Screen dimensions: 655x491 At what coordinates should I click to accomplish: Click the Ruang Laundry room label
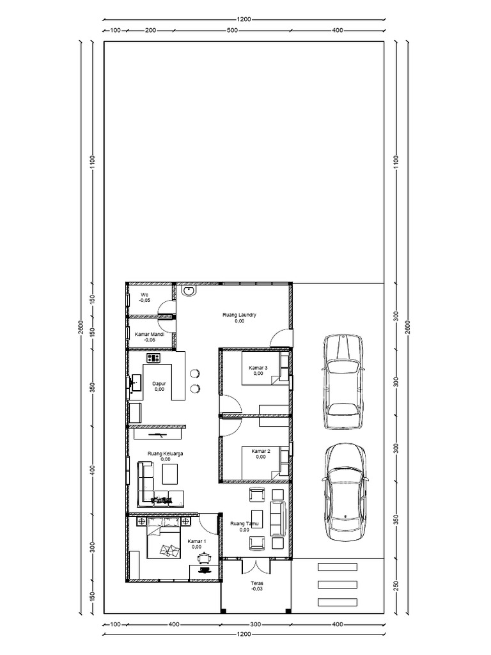click(x=240, y=315)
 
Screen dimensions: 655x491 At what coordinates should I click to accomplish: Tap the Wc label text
click(x=144, y=295)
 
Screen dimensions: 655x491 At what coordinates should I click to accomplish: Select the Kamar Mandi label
click(x=150, y=334)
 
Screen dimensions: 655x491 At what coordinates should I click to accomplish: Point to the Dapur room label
click(x=159, y=383)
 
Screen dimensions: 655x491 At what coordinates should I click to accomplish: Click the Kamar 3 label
click(x=258, y=367)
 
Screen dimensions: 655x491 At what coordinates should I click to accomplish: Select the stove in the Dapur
click(x=153, y=358)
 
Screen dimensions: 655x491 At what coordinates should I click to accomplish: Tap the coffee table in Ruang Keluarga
click(x=171, y=474)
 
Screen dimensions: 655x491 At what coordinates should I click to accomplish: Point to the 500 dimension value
click(x=232, y=30)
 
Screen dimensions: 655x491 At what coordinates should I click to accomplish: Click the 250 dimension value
click(x=396, y=587)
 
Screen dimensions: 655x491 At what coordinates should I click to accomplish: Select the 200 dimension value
click(x=151, y=30)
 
